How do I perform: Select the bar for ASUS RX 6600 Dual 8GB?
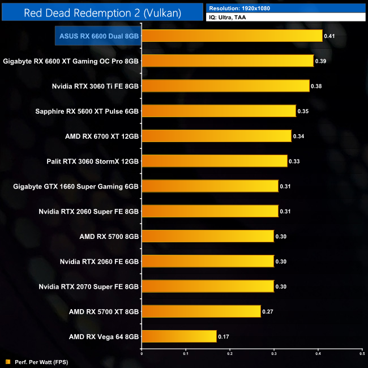(232, 36)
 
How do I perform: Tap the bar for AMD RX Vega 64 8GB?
(179, 336)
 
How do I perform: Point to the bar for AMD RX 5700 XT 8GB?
(201, 311)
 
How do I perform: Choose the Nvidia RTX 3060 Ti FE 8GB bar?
(225, 86)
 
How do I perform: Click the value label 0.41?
(329, 36)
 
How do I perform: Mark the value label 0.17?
(224, 336)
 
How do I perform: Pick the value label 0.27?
(268, 311)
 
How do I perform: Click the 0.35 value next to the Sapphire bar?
(303, 111)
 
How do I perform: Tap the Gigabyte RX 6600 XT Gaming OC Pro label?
(71, 61)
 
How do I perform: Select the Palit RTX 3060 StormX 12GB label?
(93, 161)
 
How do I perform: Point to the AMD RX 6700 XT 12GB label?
(102, 136)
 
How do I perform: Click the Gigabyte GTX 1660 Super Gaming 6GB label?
(71, 186)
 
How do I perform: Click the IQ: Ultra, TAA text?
(226, 18)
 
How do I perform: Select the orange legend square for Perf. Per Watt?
(7, 361)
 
